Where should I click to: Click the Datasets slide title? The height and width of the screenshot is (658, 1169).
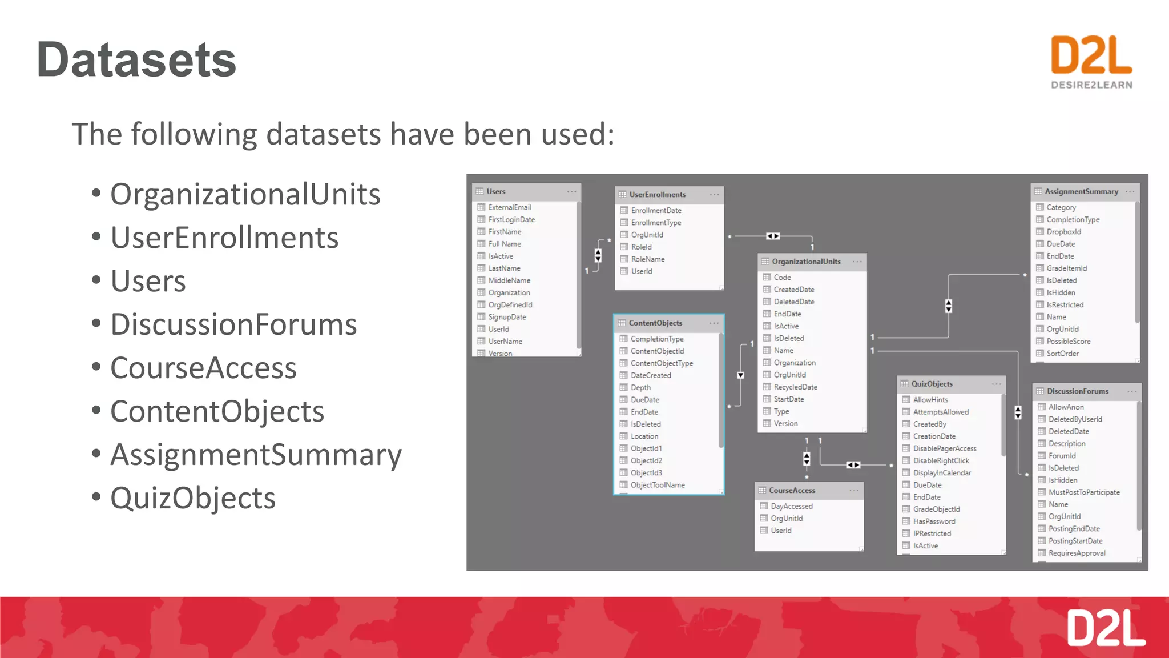click(136, 60)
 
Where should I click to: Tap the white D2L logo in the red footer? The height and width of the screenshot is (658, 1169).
click(1106, 628)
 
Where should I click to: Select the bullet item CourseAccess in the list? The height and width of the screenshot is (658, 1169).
click(203, 368)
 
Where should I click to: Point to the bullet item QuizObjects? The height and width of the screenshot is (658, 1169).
click(193, 498)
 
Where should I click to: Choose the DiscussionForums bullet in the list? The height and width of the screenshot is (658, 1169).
click(233, 324)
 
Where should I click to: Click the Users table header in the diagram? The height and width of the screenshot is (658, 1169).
click(496, 192)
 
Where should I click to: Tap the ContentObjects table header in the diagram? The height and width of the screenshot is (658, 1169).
click(655, 323)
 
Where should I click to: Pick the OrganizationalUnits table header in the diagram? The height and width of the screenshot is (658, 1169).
click(806, 262)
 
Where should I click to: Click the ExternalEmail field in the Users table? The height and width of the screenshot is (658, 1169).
click(509, 207)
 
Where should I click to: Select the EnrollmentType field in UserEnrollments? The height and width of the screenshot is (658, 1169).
click(656, 223)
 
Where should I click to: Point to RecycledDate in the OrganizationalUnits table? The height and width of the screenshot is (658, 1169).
click(795, 387)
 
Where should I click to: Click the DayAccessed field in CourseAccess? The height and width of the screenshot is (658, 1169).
click(791, 506)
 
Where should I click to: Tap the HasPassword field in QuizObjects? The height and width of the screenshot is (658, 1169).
click(934, 521)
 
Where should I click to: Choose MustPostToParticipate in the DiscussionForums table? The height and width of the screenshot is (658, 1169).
click(1083, 492)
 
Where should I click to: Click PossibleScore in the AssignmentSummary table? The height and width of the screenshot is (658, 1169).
click(1068, 342)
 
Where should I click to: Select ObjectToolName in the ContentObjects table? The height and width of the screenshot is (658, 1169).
click(658, 485)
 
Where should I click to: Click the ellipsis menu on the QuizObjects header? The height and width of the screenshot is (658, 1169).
click(996, 384)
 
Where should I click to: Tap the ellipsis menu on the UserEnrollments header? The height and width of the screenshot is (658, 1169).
click(714, 195)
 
